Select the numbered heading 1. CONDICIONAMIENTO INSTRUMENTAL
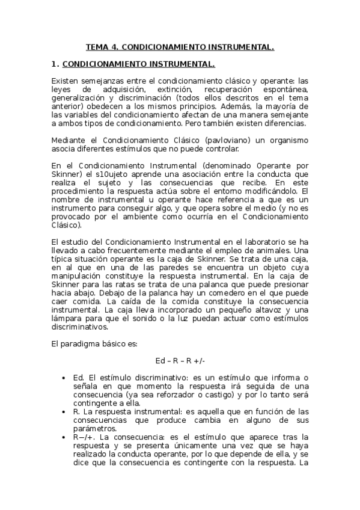(138, 63)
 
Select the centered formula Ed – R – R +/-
(180, 360)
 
